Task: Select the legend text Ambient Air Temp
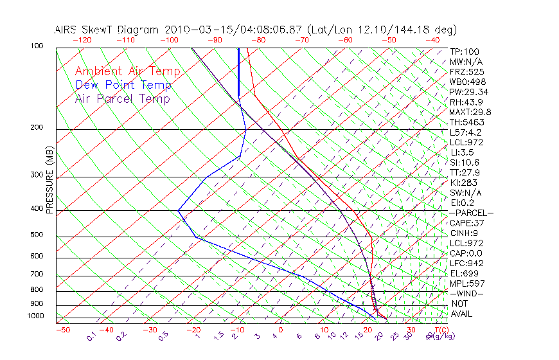point(127,71)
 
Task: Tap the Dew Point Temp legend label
point(123,85)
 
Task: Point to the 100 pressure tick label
point(37,46)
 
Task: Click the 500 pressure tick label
point(37,235)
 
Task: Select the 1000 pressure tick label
point(35,316)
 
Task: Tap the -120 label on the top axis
point(82,40)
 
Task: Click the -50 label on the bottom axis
point(62,330)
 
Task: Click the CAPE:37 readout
point(466,223)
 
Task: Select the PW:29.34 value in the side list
point(468,92)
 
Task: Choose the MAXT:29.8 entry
point(470,112)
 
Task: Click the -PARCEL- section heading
point(471,213)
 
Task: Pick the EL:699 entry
point(464,273)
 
